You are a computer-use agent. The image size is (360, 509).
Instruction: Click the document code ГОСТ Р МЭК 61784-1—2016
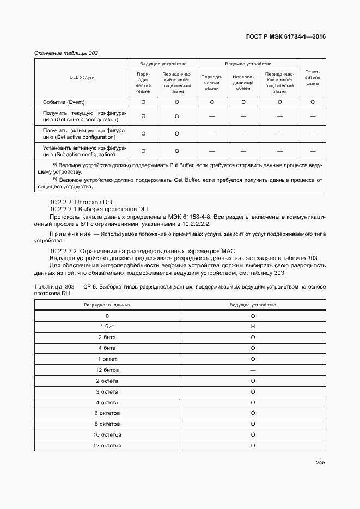[286, 37]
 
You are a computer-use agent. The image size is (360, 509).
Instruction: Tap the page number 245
[320, 463]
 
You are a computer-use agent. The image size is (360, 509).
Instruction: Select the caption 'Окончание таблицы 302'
[66, 53]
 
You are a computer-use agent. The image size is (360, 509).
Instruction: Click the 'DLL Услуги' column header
[82, 77]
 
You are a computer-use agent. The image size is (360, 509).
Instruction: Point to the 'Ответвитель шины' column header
[313, 77]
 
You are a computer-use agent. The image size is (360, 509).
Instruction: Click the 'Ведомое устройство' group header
[248, 64]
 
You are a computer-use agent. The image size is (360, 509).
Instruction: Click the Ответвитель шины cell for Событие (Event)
[313, 102]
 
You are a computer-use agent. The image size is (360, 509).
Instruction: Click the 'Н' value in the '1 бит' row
[253, 327]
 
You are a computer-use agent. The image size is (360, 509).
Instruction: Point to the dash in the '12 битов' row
[253, 370]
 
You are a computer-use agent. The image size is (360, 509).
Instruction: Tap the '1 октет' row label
[107, 359]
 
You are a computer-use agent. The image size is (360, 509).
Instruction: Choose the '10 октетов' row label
[107, 435]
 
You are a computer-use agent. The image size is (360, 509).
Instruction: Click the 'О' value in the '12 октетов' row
[253, 446]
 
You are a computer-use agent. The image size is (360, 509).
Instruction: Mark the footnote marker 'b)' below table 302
[55, 179]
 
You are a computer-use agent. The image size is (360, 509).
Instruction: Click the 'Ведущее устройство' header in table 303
[253, 305]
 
